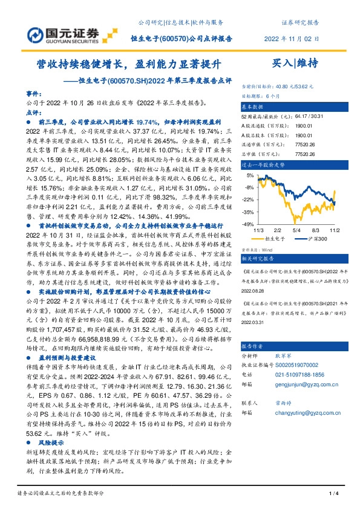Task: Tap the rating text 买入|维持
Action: (x=295, y=63)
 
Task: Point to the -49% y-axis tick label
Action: (x=249, y=224)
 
